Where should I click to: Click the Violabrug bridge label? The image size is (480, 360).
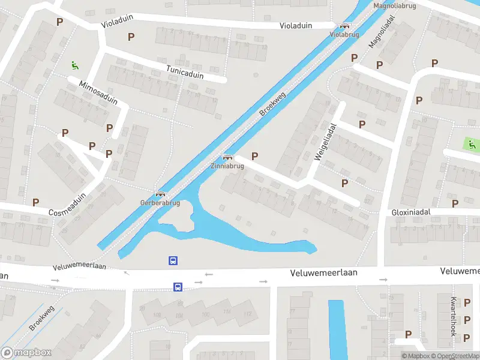click(344, 35)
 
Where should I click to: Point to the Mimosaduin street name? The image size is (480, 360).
click(98, 92)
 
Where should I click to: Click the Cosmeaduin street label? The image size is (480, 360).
click(67, 205)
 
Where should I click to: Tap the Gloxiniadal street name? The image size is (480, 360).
click(412, 212)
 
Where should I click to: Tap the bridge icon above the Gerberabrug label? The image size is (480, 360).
click(160, 194)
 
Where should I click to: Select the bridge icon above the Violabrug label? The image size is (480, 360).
click(344, 26)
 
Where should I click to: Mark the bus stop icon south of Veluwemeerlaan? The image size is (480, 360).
click(178, 287)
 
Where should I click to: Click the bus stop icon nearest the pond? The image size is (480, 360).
click(172, 260)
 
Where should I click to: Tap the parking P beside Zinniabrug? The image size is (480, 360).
click(255, 156)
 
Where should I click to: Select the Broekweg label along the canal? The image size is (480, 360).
click(272, 104)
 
